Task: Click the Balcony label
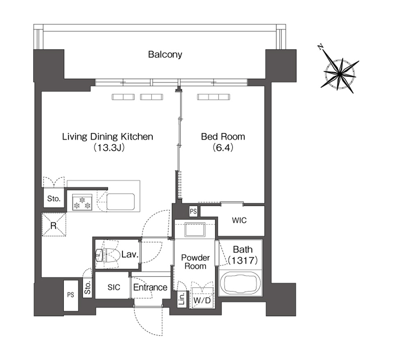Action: (165, 54)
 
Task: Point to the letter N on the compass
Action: (320, 47)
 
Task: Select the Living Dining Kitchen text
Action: (108, 137)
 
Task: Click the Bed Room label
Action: (223, 137)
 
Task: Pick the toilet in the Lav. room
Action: (108, 255)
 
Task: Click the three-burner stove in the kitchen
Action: (82, 202)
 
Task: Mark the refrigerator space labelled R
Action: (54, 225)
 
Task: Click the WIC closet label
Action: (239, 220)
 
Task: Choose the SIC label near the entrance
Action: (114, 287)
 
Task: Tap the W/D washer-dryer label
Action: (202, 300)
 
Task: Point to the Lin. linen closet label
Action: (182, 299)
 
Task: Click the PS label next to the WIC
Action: (193, 211)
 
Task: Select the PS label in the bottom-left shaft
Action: (71, 295)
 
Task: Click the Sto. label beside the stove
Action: (54, 199)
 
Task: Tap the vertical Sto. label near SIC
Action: (87, 288)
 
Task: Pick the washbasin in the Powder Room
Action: (195, 229)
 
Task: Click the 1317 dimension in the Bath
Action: (243, 261)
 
